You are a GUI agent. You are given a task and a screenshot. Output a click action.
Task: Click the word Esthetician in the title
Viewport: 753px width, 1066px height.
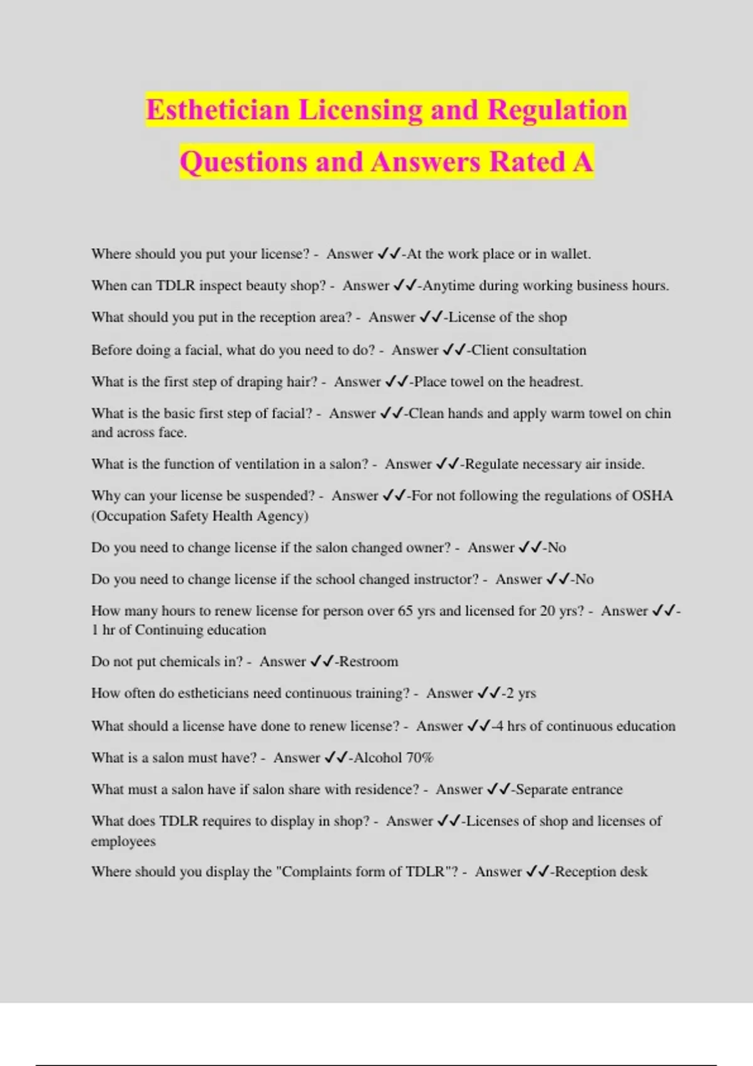pos(218,110)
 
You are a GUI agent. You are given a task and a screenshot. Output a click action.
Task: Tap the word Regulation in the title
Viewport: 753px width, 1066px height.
pos(557,110)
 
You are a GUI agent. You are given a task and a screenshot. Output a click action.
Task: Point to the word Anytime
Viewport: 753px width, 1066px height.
pos(449,286)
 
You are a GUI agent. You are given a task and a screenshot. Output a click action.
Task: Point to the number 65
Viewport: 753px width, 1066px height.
pos(405,611)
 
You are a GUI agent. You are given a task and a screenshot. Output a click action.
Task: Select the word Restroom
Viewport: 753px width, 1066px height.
pos(368,662)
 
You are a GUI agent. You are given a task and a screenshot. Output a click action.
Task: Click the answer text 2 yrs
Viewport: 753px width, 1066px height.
pos(521,694)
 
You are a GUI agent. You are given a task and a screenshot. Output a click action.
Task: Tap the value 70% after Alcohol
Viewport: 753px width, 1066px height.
pos(420,758)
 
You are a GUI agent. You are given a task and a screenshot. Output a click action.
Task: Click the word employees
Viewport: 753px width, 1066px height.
pos(123,842)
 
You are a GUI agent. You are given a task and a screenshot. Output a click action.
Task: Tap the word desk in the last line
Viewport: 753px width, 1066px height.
pos(633,872)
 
